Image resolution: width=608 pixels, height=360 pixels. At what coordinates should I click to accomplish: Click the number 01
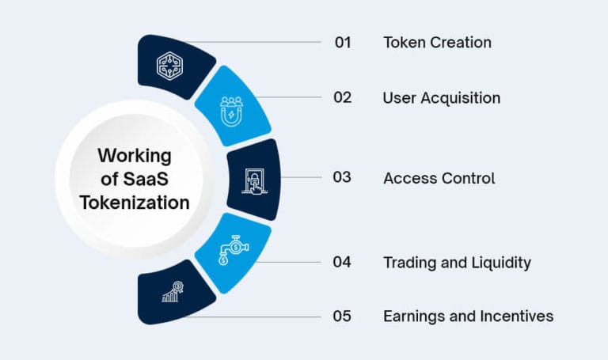coord(342,42)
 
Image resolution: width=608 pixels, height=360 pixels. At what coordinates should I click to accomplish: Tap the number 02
coord(342,98)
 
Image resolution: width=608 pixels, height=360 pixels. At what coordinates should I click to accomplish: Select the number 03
coord(342,178)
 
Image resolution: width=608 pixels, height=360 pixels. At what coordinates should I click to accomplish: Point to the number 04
coord(342,261)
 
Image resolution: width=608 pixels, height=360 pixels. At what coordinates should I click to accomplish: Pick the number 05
coord(342,316)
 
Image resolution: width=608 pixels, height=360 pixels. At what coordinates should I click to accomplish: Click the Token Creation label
coord(437,42)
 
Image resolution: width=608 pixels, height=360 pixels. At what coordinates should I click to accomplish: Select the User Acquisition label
coord(441,98)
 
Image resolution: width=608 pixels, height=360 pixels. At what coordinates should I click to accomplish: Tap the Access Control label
coord(439,178)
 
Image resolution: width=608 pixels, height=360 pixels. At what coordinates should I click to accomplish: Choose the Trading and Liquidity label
coord(457,261)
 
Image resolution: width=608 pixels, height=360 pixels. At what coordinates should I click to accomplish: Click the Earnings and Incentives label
coord(468,316)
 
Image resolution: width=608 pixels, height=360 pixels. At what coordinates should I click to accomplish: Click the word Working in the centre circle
coord(134,156)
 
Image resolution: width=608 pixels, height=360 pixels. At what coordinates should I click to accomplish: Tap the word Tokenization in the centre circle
coord(134,203)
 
